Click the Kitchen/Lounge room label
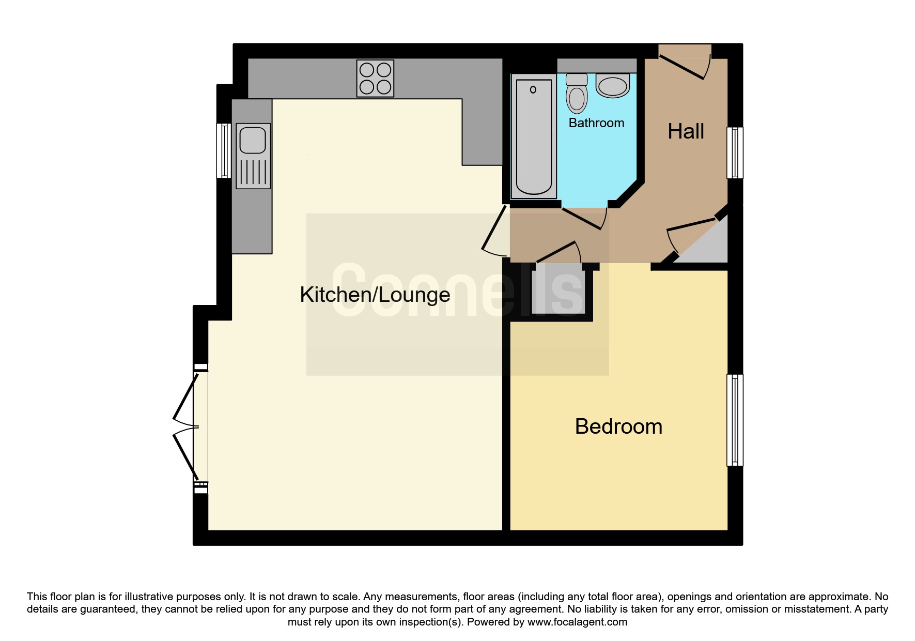point(375,295)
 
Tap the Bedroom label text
point(618,426)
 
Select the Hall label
point(686,131)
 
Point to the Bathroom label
point(596,123)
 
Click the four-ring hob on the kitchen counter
point(375,79)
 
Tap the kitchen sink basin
point(253,140)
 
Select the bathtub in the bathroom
point(534,136)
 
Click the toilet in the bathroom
point(577,94)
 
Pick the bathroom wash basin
point(612,86)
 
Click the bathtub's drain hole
point(533,89)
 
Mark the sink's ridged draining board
point(253,172)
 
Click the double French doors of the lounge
point(186,427)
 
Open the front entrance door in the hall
point(685,62)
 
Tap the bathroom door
point(584,218)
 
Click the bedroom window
point(735,420)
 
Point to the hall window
point(735,153)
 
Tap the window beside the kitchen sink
point(224,150)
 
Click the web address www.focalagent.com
point(577,622)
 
